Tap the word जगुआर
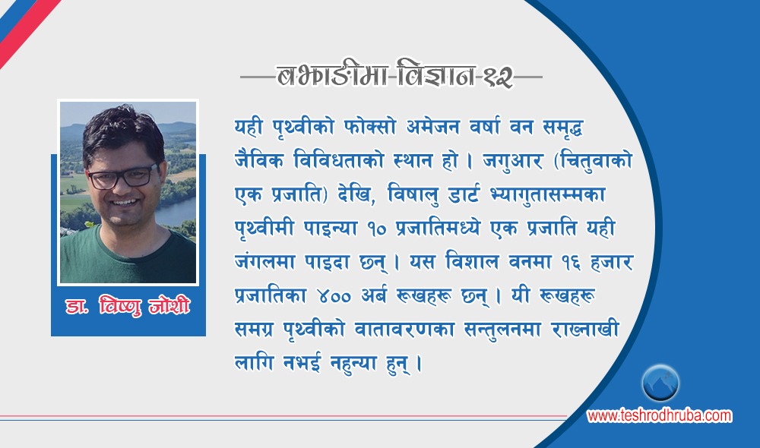512,161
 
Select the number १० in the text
378,229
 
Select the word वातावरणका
404,330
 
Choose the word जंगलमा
265,262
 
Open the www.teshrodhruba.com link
659,415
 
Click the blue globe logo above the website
660,383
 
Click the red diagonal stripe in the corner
28,30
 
